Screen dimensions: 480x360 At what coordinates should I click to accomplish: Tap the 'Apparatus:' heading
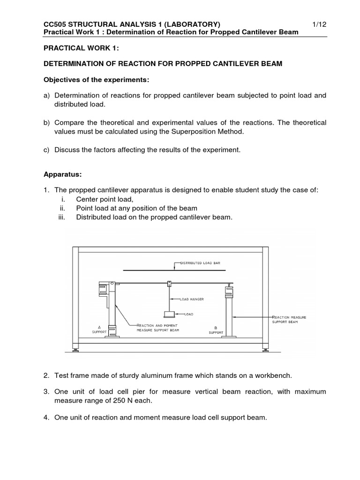tap(63, 174)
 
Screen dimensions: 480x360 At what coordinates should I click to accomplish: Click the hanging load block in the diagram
tap(169, 315)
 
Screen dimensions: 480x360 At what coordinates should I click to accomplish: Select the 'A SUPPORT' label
tap(99, 329)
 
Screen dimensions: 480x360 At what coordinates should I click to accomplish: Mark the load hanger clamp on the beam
tap(169, 284)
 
